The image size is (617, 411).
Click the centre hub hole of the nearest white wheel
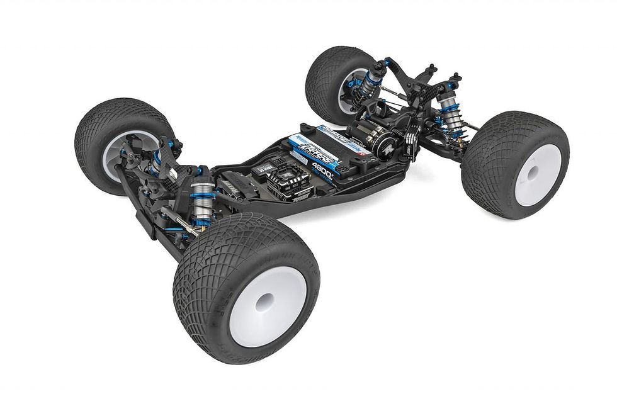click(265, 303)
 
